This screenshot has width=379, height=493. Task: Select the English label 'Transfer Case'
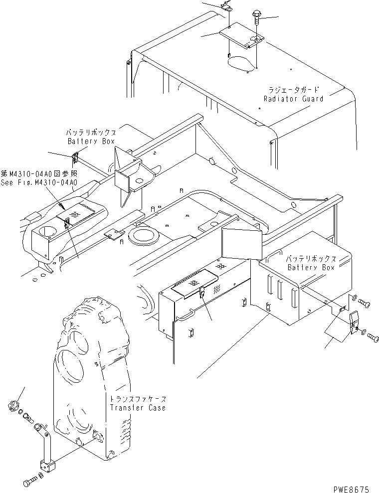tap(138, 408)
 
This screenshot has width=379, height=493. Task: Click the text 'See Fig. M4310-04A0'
tap(39, 182)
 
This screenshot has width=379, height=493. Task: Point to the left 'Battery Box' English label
tap(91, 141)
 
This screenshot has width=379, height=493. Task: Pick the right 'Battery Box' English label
tap(312, 268)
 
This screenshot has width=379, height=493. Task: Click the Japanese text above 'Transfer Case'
tap(139, 400)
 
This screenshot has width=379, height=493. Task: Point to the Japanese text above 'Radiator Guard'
tap(293, 91)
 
